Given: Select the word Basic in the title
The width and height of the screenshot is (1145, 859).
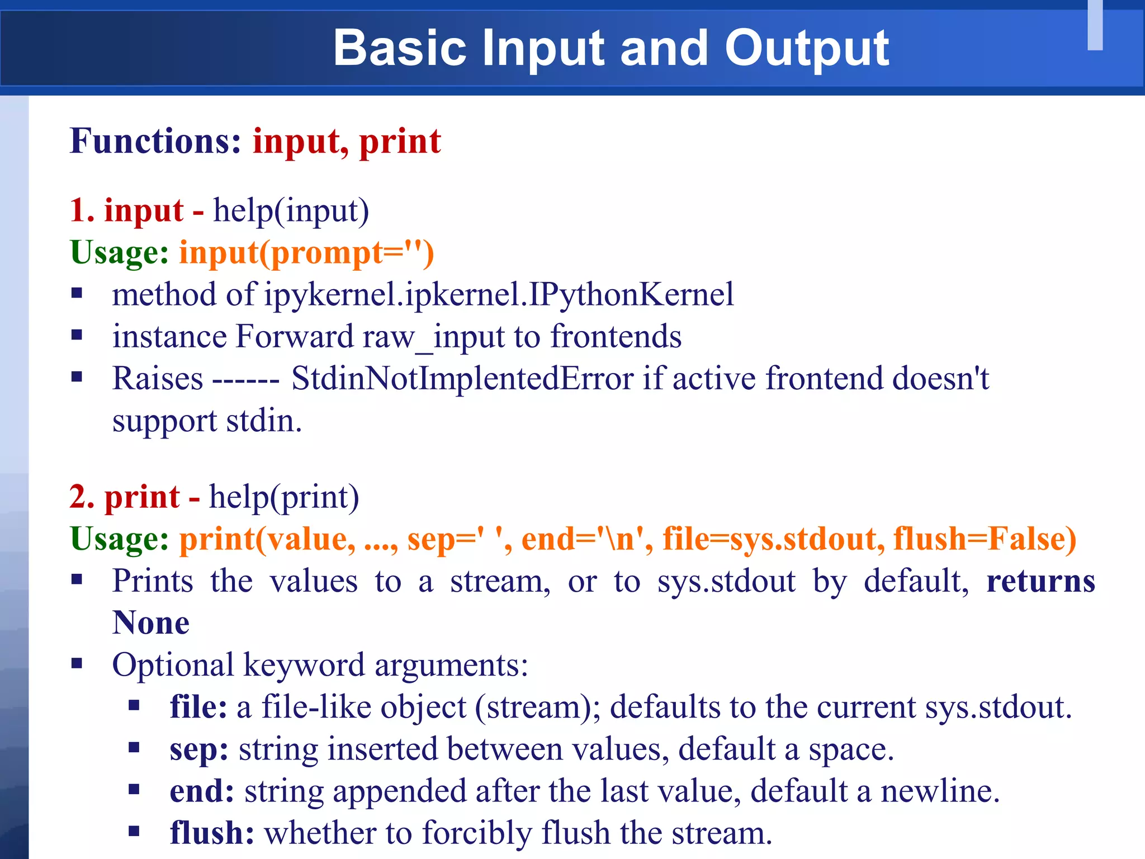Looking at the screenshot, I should [x=400, y=49].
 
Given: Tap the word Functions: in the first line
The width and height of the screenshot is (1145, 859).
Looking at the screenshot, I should [x=155, y=141].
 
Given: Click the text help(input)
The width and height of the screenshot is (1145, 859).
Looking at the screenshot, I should [x=291, y=211].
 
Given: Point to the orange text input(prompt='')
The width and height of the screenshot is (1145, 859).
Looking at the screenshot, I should [x=306, y=253].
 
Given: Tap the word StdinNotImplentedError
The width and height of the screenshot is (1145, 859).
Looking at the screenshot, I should [x=462, y=379].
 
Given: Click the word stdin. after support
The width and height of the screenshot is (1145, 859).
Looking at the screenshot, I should [x=264, y=421].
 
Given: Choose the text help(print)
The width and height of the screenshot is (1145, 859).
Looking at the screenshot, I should [x=284, y=497].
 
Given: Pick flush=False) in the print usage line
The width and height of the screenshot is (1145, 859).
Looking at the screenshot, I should [x=985, y=539].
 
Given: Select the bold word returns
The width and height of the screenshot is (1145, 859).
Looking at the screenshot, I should [x=1040, y=581].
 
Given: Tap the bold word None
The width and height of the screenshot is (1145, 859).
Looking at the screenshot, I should [x=151, y=623].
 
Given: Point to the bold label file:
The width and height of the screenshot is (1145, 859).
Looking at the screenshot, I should [x=198, y=707].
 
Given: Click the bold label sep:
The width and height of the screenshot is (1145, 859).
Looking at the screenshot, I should [x=199, y=749].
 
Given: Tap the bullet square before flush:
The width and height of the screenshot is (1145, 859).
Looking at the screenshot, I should [x=134, y=831].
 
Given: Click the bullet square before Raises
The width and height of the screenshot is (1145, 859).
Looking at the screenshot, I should [x=77, y=377].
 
